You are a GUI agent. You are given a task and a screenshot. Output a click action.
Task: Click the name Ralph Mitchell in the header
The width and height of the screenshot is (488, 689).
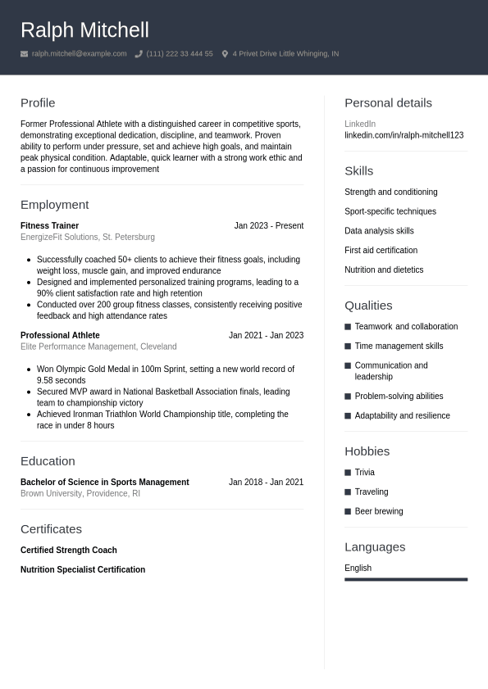[x=84, y=30]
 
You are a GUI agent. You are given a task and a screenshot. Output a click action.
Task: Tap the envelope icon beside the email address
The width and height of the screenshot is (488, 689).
[x=25, y=54]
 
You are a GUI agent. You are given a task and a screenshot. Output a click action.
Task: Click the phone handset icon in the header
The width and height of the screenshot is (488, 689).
[x=139, y=54]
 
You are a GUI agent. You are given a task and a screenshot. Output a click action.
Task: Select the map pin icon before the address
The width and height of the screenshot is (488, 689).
[x=225, y=54]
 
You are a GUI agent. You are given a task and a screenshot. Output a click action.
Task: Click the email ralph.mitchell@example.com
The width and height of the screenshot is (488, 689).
[x=79, y=54]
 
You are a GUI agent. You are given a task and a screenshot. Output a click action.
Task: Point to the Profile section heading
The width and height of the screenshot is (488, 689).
[x=38, y=103]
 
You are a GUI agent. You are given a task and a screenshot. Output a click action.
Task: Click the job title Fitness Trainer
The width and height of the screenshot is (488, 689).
[x=49, y=226]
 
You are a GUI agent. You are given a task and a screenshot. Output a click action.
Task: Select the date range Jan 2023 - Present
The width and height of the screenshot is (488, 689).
[x=268, y=226]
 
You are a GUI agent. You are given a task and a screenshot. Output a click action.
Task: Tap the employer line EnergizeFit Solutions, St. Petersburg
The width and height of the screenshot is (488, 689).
[x=87, y=238]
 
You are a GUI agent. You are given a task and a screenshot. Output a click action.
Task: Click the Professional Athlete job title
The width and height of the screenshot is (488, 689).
[x=60, y=336]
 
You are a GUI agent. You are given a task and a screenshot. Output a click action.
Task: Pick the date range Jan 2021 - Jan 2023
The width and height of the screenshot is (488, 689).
[x=266, y=336]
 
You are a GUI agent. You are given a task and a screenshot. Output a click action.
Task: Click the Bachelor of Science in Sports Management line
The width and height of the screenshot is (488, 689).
[x=104, y=483]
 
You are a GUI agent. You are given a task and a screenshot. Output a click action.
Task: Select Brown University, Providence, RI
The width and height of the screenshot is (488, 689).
[x=80, y=494]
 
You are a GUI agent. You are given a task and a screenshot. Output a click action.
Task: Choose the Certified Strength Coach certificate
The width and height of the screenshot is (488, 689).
[x=68, y=551]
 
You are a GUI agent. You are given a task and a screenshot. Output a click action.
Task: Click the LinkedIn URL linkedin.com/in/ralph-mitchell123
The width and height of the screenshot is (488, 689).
[x=404, y=135]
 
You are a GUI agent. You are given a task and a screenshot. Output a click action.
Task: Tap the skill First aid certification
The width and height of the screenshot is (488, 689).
[x=381, y=251]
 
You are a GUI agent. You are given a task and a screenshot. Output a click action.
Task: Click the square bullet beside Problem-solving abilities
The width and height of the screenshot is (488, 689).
[x=348, y=397]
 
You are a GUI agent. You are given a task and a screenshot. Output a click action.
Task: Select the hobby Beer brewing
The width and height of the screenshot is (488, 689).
[x=378, y=512]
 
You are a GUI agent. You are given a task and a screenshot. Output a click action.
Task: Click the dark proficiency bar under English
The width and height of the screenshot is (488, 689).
[x=405, y=579]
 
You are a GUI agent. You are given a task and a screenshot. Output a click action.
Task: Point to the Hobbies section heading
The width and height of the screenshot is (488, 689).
[x=367, y=451]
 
